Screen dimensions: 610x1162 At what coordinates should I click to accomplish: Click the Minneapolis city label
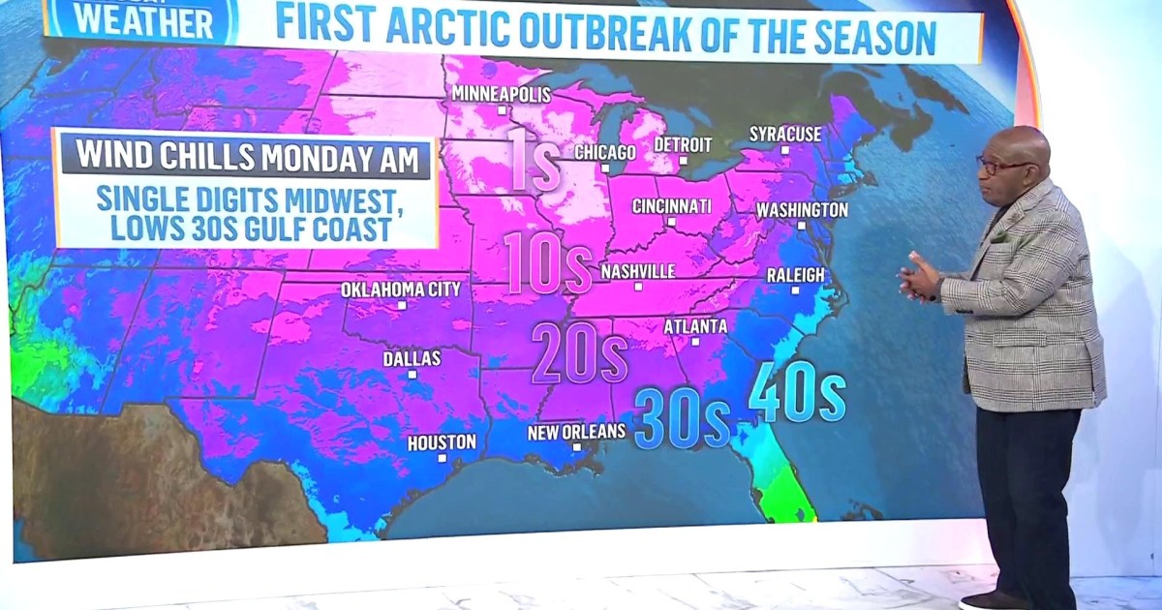point(501,95)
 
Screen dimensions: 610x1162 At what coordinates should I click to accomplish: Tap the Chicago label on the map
point(605,152)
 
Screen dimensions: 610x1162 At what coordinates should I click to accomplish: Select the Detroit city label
point(683,144)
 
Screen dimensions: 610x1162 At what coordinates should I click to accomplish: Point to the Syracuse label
point(785,134)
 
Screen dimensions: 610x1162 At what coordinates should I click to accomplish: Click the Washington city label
point(802,210)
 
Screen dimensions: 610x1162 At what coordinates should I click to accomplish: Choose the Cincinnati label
point(671,206)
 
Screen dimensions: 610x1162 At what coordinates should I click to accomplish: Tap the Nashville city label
point(637,272)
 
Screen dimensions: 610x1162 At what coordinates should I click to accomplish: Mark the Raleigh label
point(796,275)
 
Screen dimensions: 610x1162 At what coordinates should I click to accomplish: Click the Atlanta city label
point(695,326)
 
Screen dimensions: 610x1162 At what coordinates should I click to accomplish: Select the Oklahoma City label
point(401,290)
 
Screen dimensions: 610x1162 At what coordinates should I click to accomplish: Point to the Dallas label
point(412,358)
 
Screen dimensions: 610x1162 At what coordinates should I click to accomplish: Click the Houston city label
point(442,442)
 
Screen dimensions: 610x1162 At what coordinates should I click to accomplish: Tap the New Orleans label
point(576,432)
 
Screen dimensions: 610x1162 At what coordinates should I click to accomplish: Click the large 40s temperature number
point(797,392)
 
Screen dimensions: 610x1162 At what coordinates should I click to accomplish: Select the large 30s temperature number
point(682,418)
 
